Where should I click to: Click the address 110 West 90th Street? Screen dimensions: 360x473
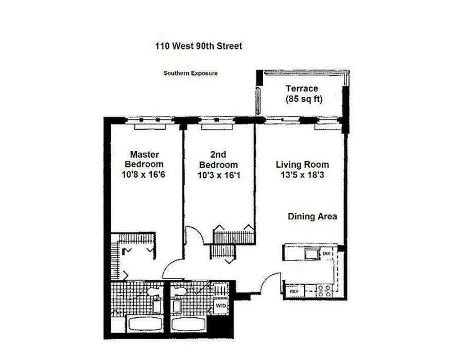pyautogui.click(x=198, y=46)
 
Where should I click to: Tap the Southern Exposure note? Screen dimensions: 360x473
pyautogui.click(x=190, y=73)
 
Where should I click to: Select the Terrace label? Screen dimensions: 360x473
pyautogui.click(x=302, y=89)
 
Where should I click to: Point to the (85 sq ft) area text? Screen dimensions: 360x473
pyautogui.click(x=304, y=99)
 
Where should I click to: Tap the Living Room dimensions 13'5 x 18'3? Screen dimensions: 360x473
pyautogui.click(x=302, y=175)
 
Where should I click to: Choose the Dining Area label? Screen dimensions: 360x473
pyautogui.click(x=312, y=216)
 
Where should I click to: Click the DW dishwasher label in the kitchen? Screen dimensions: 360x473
pyautogui.click(x=327, y=254)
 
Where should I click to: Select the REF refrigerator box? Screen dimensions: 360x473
pyautogui.click(x=294, y=291)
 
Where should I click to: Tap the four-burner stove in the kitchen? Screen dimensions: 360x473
pyautogui.click(x=324, y=290)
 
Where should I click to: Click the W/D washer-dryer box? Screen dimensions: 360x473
pyautogui.click(x=221, y=306)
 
